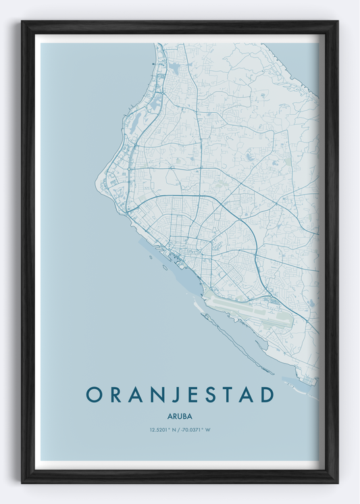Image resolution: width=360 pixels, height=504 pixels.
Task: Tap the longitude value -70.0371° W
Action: point(196,430)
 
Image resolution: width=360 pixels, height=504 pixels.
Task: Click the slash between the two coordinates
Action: point(180,430)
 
